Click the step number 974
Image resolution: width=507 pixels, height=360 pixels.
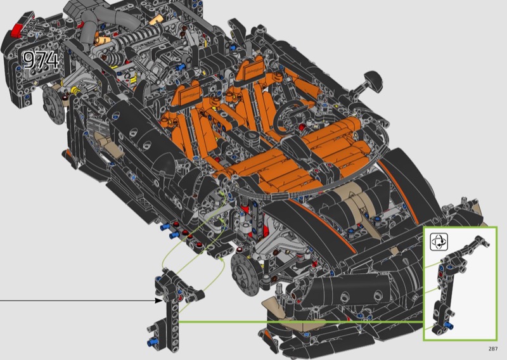click(41, 60)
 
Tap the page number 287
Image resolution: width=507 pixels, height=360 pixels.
click(493, 349)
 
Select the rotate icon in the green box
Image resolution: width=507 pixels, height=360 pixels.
click(439, 241)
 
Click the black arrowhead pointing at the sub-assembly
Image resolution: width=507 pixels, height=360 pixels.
click(158, 300)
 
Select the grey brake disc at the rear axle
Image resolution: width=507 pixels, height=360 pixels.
click(53, 104)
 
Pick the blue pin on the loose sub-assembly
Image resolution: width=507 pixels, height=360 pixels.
click(151, 342)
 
